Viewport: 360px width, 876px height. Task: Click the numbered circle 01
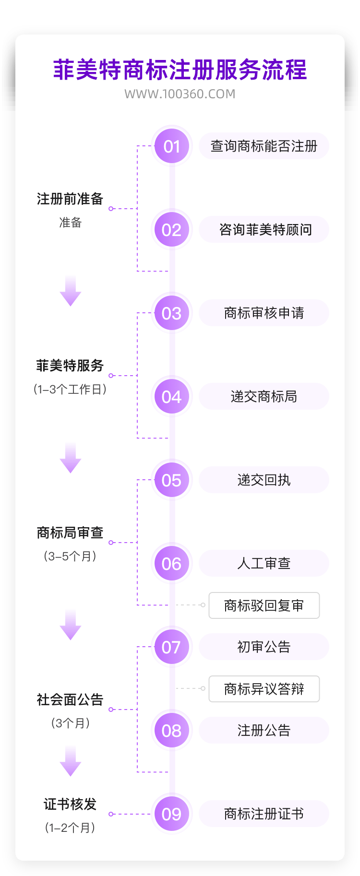[171, 146]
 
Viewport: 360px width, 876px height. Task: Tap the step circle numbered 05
[171, 480]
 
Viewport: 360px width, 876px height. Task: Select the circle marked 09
[171, 814]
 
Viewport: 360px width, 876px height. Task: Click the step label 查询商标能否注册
[264, 146]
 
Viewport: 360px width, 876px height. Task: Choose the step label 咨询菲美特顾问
[264, 230]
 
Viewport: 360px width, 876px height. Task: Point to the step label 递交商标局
[264, 397]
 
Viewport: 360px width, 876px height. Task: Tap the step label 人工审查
[264, 564]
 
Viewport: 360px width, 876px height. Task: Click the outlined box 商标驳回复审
[264, 605]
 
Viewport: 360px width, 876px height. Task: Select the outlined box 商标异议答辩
[264, 689]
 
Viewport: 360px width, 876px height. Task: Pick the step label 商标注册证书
[264, 814]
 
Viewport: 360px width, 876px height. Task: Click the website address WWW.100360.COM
[180, 94]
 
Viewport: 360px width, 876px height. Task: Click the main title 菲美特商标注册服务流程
[180, 70]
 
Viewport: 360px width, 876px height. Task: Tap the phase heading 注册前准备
[70, 199]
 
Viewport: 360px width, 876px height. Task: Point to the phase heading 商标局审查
[70, 533]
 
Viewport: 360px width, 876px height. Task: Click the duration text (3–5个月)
[70, 556]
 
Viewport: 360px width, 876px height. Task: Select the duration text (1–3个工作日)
[70, 390]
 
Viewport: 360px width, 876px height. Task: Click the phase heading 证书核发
[70, 804]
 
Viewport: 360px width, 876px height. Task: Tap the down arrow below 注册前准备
[71, 291]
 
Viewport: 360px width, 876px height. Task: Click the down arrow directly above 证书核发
[71, 761]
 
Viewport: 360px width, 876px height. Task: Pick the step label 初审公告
[264, 647]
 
